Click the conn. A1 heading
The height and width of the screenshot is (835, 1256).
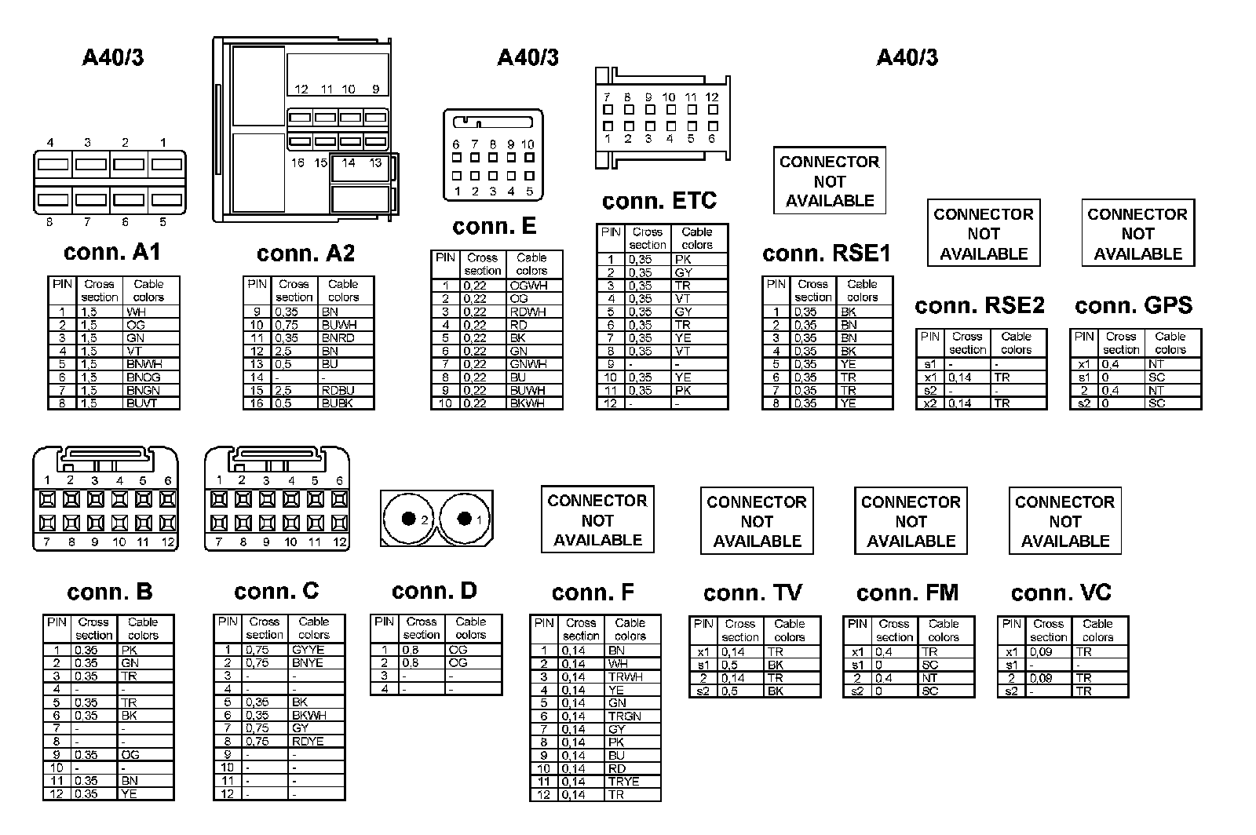[x=111, y=252]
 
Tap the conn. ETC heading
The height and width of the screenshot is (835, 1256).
[x=659, y=201]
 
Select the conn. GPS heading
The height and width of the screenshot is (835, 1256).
[x=1133, y=305]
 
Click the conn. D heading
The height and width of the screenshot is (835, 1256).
[x=434, y=591]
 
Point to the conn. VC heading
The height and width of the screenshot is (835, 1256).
[x=1061, y=593]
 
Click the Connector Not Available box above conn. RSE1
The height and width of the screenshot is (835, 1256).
[x=829, y=180]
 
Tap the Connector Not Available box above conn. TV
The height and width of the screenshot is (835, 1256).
[x=757, y=521]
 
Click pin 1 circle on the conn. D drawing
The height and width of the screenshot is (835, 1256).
[x=465, y=518]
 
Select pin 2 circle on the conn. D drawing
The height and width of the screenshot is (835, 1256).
[x=408, y=518]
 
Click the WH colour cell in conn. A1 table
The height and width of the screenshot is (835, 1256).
[x=152, y=312]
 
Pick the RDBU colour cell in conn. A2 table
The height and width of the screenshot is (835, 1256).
[x=345, y=390]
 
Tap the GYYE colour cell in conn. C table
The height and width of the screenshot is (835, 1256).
[x=316, y=650]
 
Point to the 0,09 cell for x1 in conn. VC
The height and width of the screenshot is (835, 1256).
[x=1049, y=652]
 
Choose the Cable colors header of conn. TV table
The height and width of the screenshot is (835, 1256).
[x=790, y=630]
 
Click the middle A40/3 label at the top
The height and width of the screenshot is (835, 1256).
[x=528, y=57]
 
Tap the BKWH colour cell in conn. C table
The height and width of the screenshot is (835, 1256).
[x=316, y=715]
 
